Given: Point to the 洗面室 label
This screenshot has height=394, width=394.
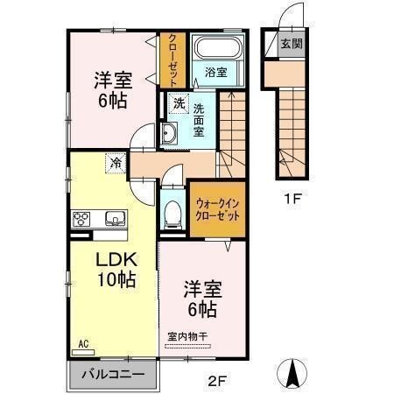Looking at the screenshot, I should [x=199, y=120].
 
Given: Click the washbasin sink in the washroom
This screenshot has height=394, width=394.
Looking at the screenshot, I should [x=169, y=135].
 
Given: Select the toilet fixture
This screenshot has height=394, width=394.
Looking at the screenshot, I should [x=172, y=212].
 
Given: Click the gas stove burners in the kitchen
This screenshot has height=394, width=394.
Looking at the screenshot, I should [x=83, y=219].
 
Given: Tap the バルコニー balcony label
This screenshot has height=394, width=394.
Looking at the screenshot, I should [x=112, y=374].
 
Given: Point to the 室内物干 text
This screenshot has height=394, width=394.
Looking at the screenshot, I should [x=187, y=336].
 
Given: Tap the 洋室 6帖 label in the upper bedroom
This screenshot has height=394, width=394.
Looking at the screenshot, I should [x=112, y=89].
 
